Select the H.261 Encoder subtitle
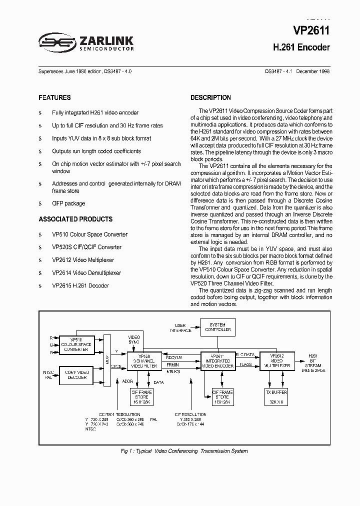[301, 48]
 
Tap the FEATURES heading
[54, 97]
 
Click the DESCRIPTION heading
[210, 97]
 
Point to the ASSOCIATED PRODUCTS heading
[75, 219]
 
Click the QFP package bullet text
[68, 203]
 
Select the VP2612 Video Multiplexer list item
[83, 260]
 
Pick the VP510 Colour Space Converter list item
[89, 234]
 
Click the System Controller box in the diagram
[218, 327]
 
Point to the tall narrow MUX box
[106, 360]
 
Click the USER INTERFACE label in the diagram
[180, 327]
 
